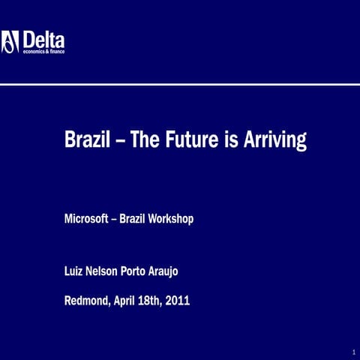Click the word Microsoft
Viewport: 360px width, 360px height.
[x=88, y=220]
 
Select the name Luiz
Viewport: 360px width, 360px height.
[x=74, y=273]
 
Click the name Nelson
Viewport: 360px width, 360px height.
[x=106, y=273]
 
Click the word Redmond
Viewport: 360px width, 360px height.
[x=88, y=301]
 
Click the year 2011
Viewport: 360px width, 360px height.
[x=178, y=301]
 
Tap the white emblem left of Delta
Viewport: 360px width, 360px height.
[x=10, y=41]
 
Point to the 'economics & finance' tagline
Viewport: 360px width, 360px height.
[x=43, y=51]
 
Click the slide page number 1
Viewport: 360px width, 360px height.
[x=352, y=352]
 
